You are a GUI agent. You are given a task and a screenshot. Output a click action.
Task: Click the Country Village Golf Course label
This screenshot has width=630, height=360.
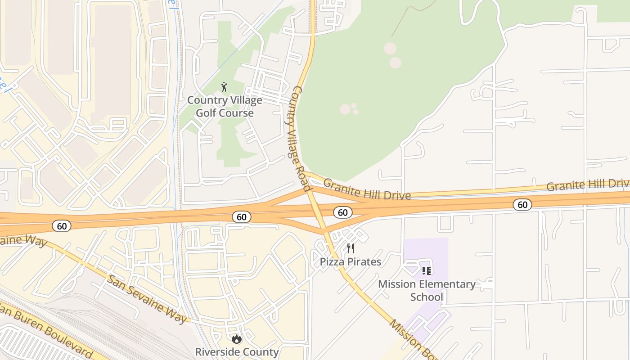pyautogui.click(x=225, y=107)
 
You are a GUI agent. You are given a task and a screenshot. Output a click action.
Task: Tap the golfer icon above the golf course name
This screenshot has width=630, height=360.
pyautogui.click(x=224, y=87)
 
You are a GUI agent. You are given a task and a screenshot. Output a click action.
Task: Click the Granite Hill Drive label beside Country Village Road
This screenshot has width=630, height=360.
pyautogui.click(x=367, y=189)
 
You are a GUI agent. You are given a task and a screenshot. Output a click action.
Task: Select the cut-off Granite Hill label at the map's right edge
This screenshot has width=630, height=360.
pyautogui.click(x=588, y=184)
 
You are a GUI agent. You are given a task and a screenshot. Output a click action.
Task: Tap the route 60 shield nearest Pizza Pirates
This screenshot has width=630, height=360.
pyautogui.click(x=343, y=212)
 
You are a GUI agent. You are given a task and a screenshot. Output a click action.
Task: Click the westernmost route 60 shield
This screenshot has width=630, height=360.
pyautogui.click(x=62, y=226)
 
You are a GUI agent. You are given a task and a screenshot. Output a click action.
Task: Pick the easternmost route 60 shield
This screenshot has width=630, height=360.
pyautogui.click(x=522, y=205)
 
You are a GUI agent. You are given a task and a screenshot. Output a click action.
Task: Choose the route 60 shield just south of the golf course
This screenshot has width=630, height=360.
pyautogui.click(x=242, y=217)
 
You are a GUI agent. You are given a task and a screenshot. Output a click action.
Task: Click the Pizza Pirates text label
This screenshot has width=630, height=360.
pyautogui.click(x=351, y=261)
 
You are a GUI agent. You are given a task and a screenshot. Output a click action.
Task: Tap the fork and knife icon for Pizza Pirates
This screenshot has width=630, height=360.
pyautogui.click(x=351, y=248)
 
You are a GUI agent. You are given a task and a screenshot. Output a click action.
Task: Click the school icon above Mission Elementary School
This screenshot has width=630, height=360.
pyautogui.click(x=426, y=270)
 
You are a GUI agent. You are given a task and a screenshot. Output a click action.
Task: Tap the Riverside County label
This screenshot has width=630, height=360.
pyautogui.click(x=237, y=352)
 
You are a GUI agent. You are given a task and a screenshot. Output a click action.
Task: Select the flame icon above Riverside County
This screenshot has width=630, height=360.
pyautogui.click(x=237, y=339)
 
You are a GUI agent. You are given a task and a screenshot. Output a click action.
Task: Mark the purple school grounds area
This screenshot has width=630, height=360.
pyautogui.click(x=432, y=252)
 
